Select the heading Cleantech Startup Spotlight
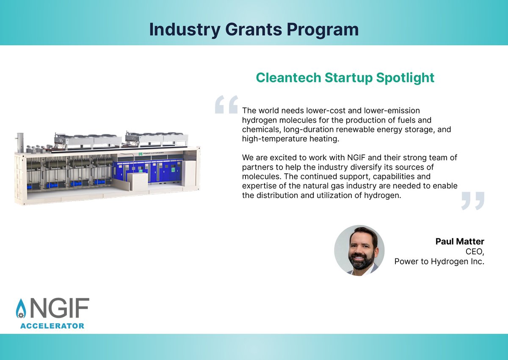tap(345, 78)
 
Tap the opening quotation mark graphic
tap(226, 104)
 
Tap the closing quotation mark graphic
tap(472, 201)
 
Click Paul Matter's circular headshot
tap(359, 250)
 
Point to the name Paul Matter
tap(460, 242)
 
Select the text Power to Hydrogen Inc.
tap(439, 262)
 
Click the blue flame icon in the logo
tap(20, 309)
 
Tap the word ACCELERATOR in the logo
tap(52, 326)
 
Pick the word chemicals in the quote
tap(261, 129)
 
